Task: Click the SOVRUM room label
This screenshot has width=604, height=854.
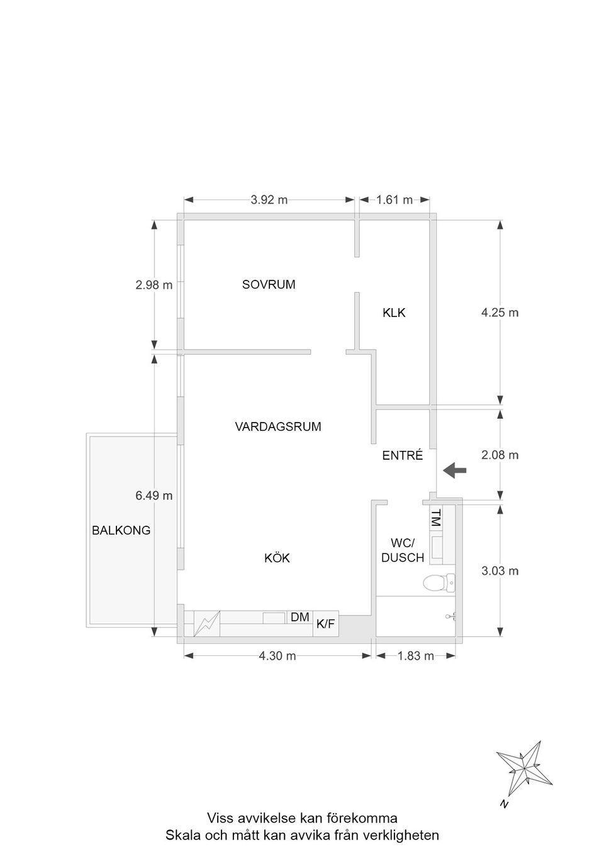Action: click(x=269, y=284)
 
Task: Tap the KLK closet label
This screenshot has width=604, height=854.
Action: click(x=394, y=313)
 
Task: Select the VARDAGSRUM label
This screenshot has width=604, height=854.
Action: click(x=278, y=426)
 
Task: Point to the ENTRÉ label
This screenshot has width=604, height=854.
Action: click(x=403, y=455)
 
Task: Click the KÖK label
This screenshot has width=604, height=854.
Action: click(x=277, y=558)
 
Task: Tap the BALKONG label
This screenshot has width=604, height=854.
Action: click(x=121, y=530)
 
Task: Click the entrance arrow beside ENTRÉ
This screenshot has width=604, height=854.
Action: click(x=454, y=470)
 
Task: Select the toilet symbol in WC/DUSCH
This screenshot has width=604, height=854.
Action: click(x=439, y=583)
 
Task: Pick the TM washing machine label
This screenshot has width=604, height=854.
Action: click(x=435, y=518)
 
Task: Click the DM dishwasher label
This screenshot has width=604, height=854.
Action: click(x=299, y=617)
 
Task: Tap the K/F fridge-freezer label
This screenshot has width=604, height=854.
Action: click(x=325, y=624)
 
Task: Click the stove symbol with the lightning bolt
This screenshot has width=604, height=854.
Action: click(x=207, y=624)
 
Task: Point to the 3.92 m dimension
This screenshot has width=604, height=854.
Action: click(x=269, y=200)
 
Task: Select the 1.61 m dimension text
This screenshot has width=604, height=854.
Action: click(x=394, y=200)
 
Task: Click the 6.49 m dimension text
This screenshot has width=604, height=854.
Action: click(x=154, y=496)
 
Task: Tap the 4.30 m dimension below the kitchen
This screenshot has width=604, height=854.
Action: click(x=277, y=656)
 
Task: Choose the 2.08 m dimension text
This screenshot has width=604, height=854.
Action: click(x=500, y=455)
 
